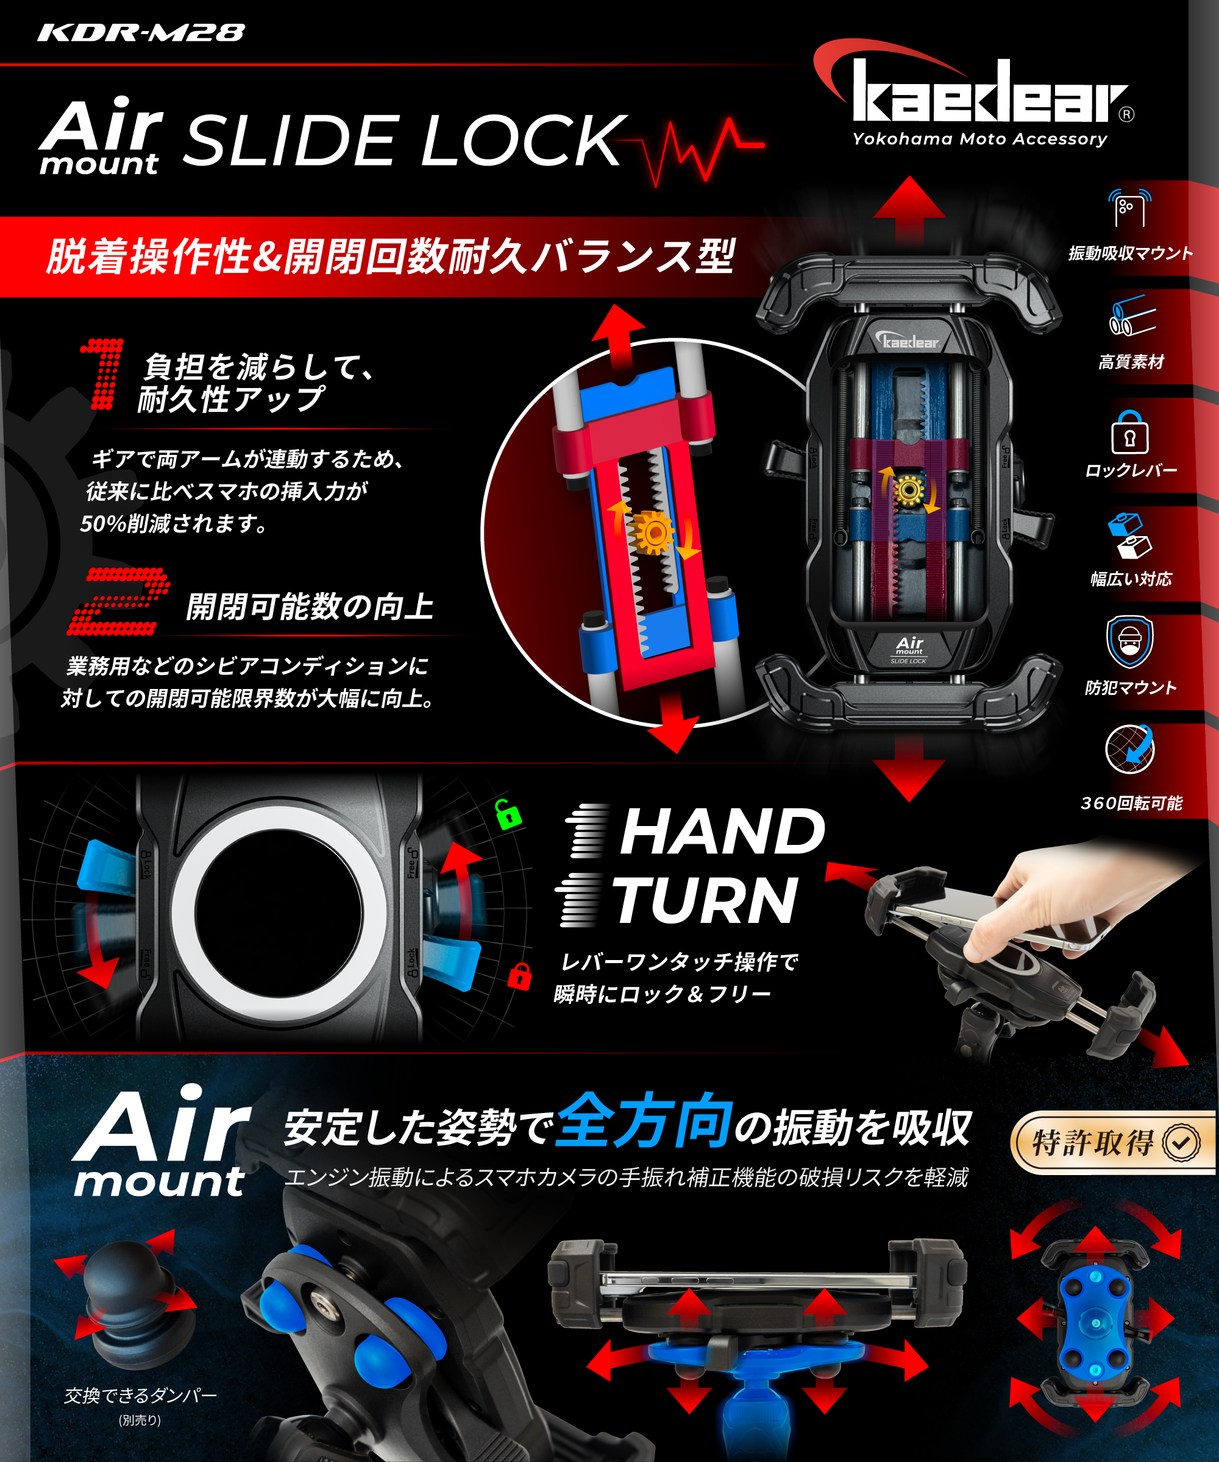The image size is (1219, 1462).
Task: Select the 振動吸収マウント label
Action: (x=1130, y=253)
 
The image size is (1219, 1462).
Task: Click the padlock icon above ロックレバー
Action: (x=1129, y=433)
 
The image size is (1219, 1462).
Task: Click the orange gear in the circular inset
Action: (x=653, y=533)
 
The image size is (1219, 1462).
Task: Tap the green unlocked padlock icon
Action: (x=508, y=814)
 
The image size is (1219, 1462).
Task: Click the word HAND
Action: (x=722, y=832)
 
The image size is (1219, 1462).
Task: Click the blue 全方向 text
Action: (x=644, y=1120)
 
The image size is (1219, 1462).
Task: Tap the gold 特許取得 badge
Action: (x=1112, y=1142)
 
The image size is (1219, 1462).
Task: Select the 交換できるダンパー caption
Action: (x=140, y=1395)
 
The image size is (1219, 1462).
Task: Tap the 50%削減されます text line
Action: (x=174, y=523)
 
